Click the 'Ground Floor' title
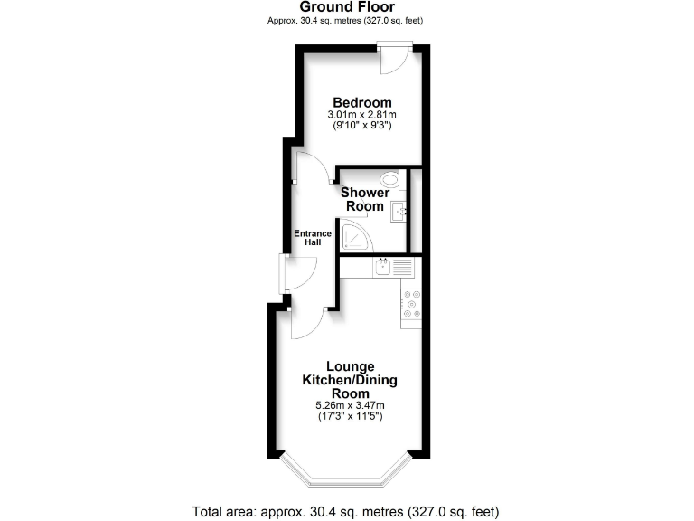tap(347, 7)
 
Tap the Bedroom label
tap(361, 102)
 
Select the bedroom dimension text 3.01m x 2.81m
tap(361, 115)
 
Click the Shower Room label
tap(365, 199)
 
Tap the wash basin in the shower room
tap(399, 212)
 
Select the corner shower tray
tap(355, 237)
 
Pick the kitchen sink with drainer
tap(394, 267)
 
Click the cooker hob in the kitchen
tap(411, 305)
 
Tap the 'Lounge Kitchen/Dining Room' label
tap(350, 380)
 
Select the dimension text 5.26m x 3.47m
tap(350, 405)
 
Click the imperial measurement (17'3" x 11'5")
tap(350, 417)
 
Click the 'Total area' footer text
tap(347, 510)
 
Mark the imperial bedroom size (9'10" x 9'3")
tap(361, 127)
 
